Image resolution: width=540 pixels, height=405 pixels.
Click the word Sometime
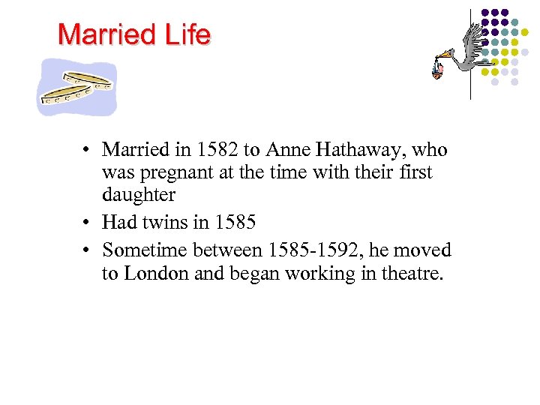[146, 250]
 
